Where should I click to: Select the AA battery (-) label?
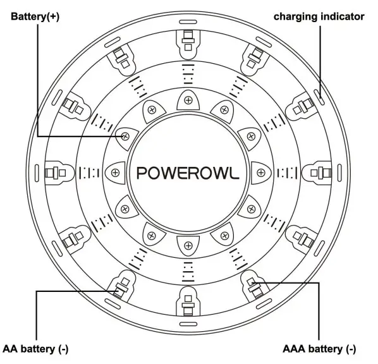click(35, 349)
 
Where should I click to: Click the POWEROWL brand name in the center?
click(188, 172)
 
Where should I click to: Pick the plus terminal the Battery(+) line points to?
click(126, 135)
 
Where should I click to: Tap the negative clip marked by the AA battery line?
click(119, 288)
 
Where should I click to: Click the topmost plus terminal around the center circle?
click(188, 99)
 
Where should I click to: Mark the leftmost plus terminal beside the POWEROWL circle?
click(115, 172)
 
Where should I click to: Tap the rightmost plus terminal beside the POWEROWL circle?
click(261, 172)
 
